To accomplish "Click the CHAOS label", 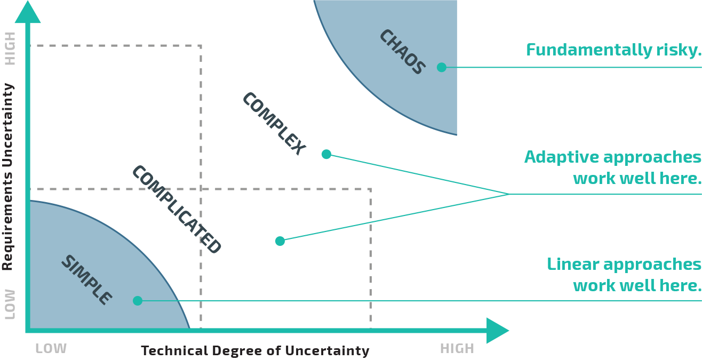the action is coord(402,52).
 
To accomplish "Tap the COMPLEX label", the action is coord(274,123).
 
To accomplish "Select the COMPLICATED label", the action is coord(177,209).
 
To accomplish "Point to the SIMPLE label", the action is coord(86,280).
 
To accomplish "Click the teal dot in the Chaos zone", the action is coord(442,67).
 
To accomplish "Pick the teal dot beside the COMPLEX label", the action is coord(326,154).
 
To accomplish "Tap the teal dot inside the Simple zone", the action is coord(138,301).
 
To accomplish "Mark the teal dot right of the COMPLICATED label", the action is coord(280,241).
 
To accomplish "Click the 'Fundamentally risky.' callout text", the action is coord(613,50).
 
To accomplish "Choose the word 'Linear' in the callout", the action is coord(573,264).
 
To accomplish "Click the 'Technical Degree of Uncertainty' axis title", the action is coord(255,350).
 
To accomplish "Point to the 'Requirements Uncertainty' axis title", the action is coord(7,177).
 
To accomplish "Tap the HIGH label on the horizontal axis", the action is coord(457,349).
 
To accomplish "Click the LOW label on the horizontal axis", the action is coord(51,349).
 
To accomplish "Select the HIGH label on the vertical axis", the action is coord(10,49).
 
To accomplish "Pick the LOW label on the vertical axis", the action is coord(10,304).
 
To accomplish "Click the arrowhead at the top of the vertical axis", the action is coord(28,12).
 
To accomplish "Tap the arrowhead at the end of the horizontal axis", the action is coord(497,331).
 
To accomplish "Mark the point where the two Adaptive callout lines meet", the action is coord(509,194).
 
